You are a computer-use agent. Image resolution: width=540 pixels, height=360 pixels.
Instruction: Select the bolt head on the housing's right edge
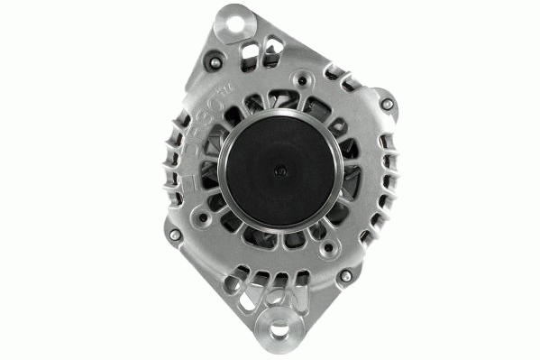pos(388,104)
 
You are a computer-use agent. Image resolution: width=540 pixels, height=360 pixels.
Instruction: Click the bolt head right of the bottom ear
pos(343,275)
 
